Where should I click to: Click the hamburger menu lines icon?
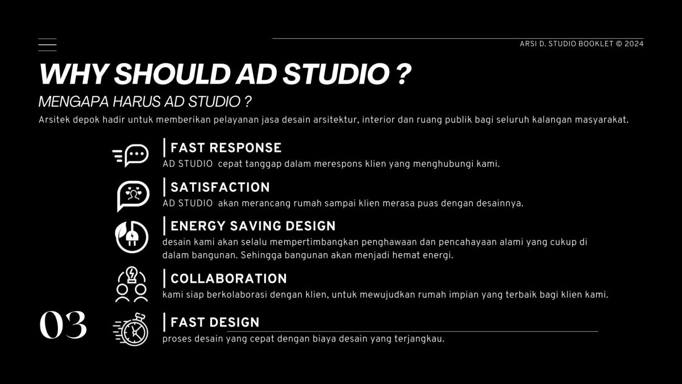point(47,45)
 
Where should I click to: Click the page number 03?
point(63,325)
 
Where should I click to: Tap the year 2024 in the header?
point(634,44)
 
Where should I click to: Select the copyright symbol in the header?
point(619,44)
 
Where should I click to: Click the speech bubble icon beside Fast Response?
point(131,155)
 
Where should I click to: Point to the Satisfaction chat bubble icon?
point(133,196)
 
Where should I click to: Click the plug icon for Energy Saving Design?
point(132,237)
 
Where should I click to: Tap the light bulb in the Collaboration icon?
point(132,275)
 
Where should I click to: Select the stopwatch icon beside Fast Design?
point(131,329)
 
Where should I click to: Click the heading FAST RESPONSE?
point(226,148)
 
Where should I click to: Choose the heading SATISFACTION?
point(220,187)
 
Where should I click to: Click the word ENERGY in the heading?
point(198,226)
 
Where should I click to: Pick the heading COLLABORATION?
point(228,279)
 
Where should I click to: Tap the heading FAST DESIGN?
point(215,322)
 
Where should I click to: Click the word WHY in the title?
point(73,74)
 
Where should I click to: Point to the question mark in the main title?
point(404,74)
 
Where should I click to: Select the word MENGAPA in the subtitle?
point(74,102)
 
